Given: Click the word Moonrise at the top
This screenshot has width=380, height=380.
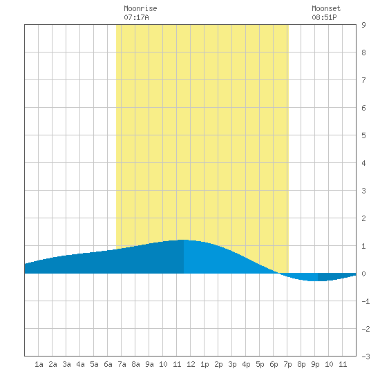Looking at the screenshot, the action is [140, 8].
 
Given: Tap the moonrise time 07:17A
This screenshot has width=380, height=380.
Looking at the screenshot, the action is [136, 17].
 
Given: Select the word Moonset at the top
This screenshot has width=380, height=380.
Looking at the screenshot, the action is [326, 8].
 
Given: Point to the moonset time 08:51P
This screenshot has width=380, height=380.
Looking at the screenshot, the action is [324, 17].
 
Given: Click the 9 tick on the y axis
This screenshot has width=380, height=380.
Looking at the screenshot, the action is [363, 25].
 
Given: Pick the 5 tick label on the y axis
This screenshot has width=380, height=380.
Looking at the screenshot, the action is [363, 135].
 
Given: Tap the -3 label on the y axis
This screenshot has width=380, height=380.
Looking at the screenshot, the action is [365, 357].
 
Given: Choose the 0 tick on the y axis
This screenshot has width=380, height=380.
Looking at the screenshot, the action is [363, 274].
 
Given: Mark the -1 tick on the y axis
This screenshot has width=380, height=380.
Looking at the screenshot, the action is [365, 301].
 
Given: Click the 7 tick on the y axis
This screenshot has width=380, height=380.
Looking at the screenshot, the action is [363, 80].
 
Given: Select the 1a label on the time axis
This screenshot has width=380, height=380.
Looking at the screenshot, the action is [39, 364].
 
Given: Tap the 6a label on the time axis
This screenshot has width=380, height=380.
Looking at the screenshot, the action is [108, 364].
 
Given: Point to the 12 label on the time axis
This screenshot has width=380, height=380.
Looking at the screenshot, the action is [191, 364].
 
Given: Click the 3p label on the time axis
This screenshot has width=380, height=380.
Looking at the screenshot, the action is [232, 364].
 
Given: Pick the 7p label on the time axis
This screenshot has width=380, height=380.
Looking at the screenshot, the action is [287, 364].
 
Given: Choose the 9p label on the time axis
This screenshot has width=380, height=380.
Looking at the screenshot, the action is [315, 364].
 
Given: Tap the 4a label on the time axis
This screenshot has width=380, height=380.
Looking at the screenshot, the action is [80, 364].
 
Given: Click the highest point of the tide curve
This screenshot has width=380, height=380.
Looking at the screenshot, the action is [184, 240].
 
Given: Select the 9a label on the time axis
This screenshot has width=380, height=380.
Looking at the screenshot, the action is [149, 364].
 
